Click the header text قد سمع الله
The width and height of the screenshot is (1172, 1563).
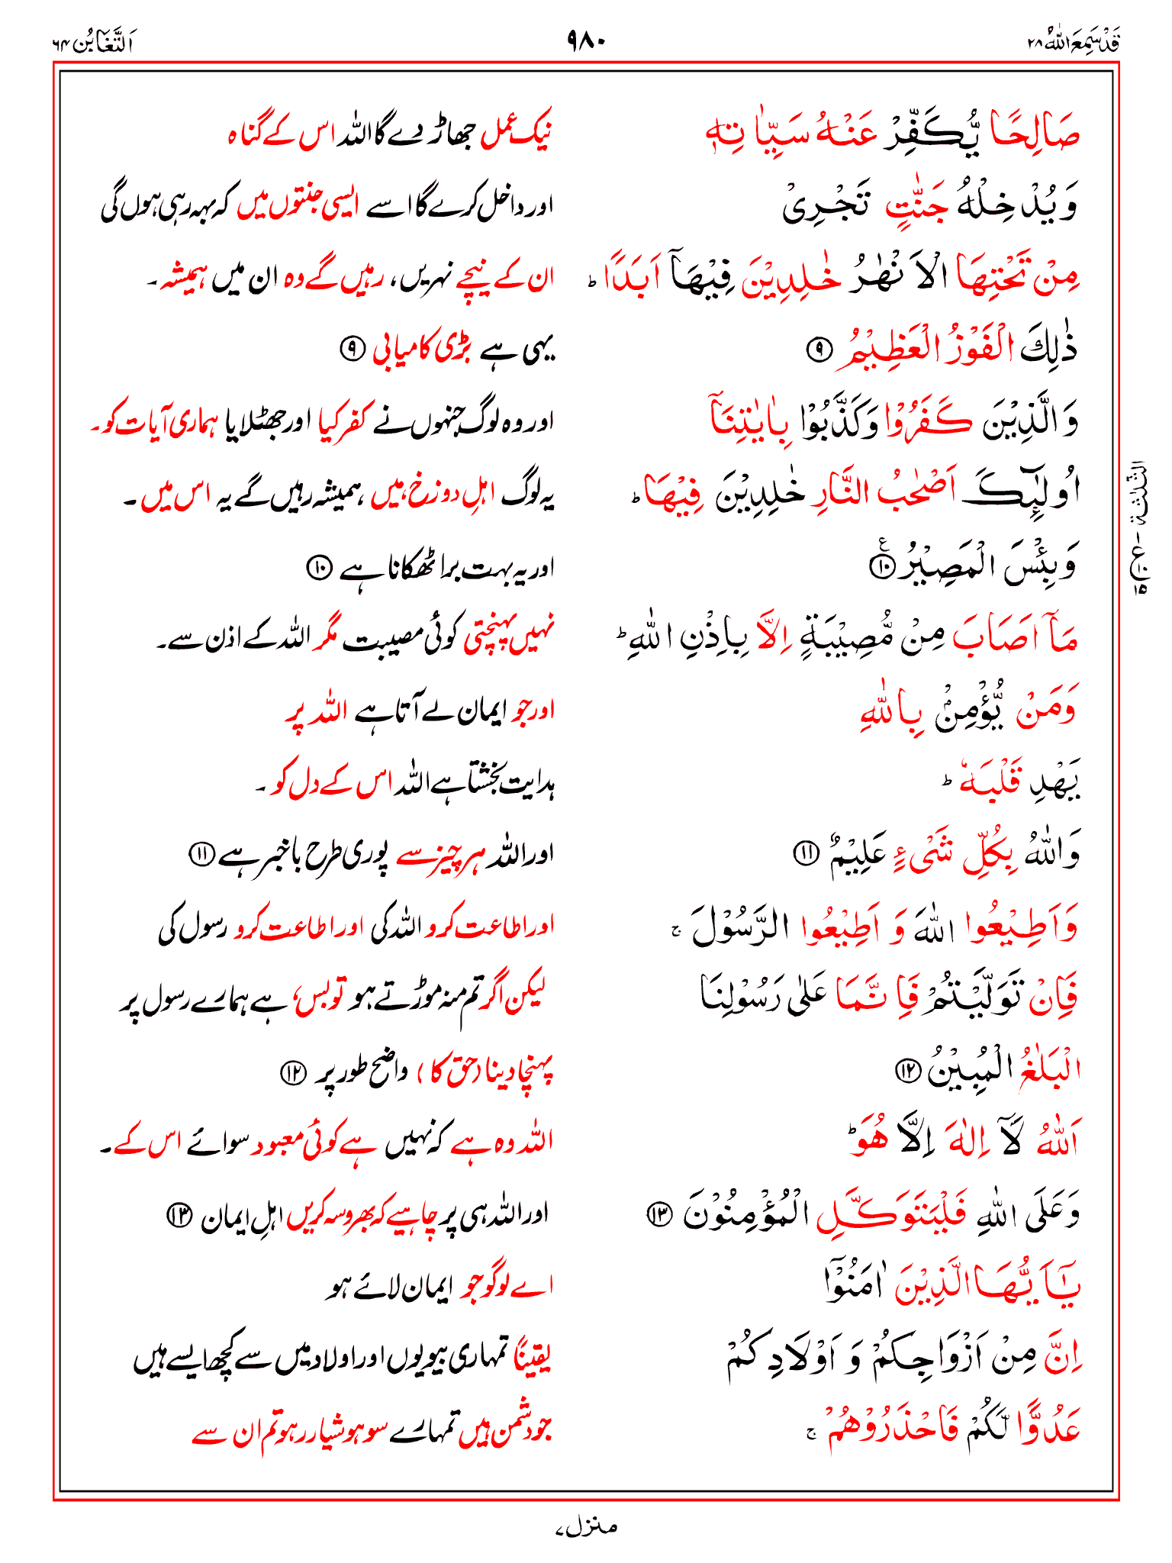click(x=1074, y=41)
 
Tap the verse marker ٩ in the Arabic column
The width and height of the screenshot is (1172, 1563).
click(x=818, y=350)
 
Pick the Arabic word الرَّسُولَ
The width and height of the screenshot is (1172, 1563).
click(x=739, y=927)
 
